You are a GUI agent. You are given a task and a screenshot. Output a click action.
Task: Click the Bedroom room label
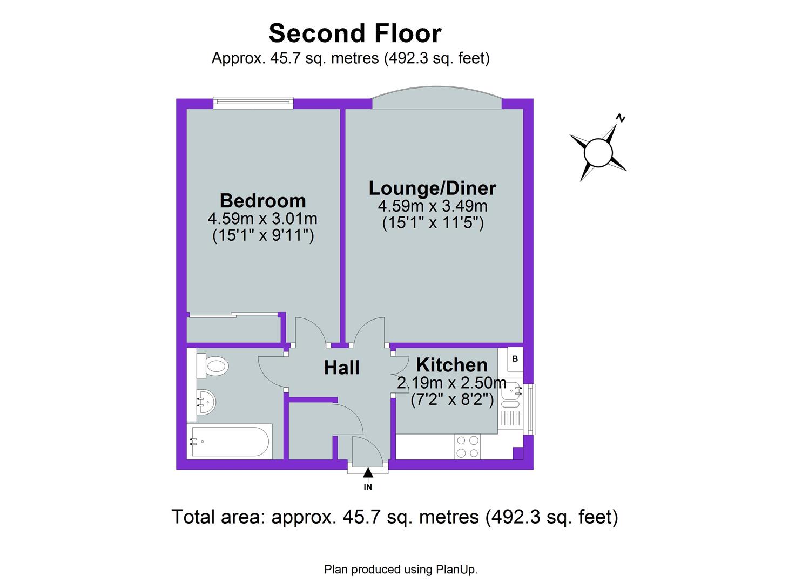pyautogui.click(x=262, y=201)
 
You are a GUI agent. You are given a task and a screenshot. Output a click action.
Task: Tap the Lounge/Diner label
pyautogui.click(x=432, y=188)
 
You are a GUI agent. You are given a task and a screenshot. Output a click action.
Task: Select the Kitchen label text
pyautogui.click(x=452, y=365)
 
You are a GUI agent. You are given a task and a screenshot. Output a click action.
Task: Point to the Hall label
pyautogui.click(x=341, y=368)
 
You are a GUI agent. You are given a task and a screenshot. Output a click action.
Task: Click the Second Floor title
pyautogui.click(x=355, y=33)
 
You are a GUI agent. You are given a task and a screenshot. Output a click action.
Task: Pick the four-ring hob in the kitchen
pyautogui.click(x=467, y=446)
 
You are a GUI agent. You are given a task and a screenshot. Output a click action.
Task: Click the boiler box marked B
pyautogui.click(x=515, y=358)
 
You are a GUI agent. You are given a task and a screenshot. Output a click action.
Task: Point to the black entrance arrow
pyautogui.click(x=368, y=473)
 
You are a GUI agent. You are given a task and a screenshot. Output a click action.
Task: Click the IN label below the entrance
pyautogui.click(x=368, y=487)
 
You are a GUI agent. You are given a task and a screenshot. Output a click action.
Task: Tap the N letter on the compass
pyautogui.click(x=621, y=118)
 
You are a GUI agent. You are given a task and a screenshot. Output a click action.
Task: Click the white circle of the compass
pyautogui.click(x=598, y=153)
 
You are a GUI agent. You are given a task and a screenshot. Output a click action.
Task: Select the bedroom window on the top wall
pyautogui.click(x=253, y=103)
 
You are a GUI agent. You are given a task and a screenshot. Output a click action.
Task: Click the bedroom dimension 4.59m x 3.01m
pyautogui.click(x=262, y=218)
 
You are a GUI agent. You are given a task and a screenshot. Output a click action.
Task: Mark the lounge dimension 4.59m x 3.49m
pyautogui.click(x=433, y=206)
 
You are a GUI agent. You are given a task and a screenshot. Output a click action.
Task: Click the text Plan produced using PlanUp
pyautogui.click(x=401, y=570)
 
